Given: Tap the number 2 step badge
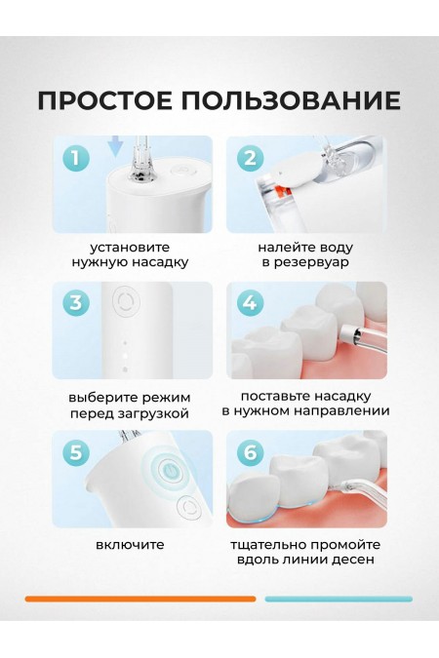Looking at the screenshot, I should [x=251, y=158].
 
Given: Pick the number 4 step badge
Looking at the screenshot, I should [x=251, y=304].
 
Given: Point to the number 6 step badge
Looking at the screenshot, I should [x=251, y=452].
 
